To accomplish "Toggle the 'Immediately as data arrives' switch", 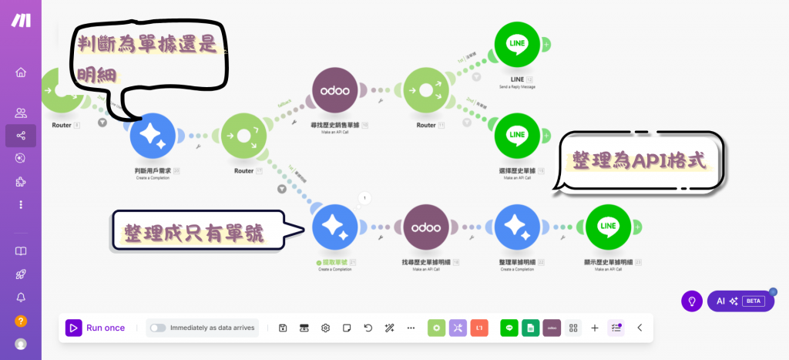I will [158, 328].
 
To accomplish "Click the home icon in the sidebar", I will [21, 72].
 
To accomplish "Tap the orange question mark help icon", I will [21, 321].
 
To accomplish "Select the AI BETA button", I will [740, 301].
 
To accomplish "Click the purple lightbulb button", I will [692, 301].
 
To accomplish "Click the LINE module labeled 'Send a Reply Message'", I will [517, 45].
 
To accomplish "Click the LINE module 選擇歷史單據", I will [517, 136].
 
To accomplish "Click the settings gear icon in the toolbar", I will [326, 328].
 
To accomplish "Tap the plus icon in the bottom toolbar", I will [595, 328].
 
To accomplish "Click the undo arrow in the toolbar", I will [368, 328].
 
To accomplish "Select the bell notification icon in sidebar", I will [21, 297].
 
